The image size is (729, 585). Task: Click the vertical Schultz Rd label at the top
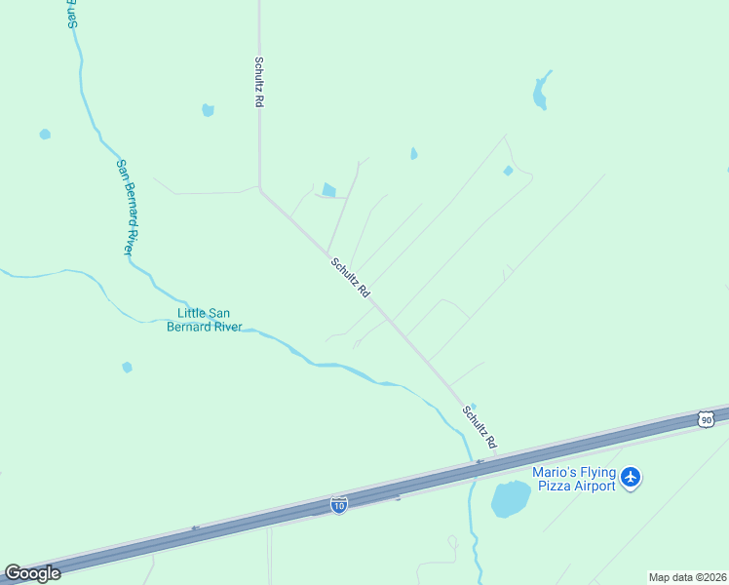[x=259, y=81]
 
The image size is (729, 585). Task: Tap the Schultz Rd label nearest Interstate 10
[x=480, y=427]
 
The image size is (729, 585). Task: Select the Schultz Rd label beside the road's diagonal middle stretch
[x=350, y=278]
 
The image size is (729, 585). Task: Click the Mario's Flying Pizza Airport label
[x=574, y=479]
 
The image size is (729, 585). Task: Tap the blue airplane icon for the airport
[x=632, y=478]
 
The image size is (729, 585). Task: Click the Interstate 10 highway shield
[x=338, y=505]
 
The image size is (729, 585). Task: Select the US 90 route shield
[x=706, y=419]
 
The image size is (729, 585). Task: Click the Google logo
[x=32, y=573]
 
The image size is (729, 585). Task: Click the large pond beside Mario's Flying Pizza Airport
[x=510, y=499]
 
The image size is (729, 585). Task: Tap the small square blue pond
[x=328, y=190]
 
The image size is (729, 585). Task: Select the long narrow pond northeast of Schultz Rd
[x=541, y=91]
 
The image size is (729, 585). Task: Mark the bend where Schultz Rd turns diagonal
[x=259, y=189]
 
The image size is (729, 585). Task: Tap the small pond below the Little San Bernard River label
[x=127, y=368]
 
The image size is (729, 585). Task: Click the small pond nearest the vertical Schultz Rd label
[x=208, y=110]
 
